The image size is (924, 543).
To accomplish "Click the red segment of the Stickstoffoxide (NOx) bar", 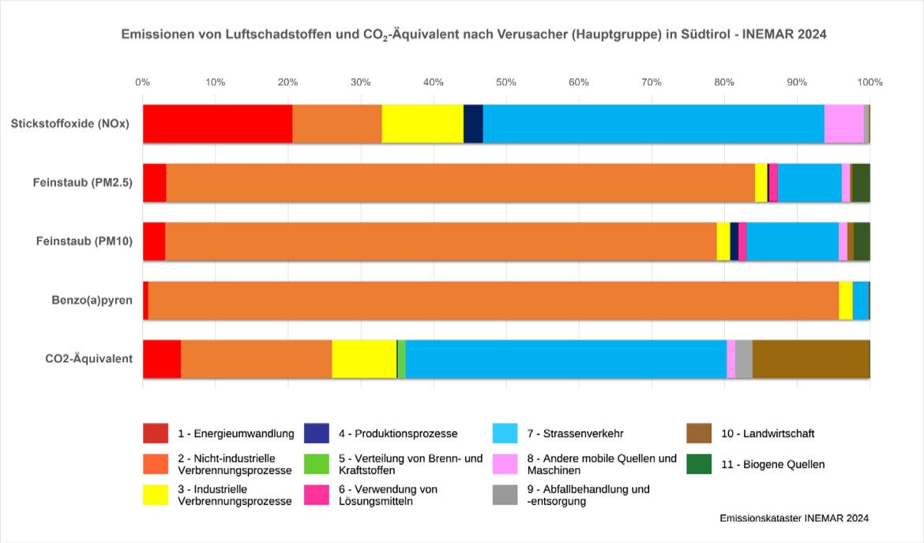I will point(217,124).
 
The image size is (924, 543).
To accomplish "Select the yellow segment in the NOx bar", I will point(423,124).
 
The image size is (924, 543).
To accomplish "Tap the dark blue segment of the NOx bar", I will point(473,124).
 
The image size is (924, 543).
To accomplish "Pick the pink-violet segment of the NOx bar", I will point(843,124).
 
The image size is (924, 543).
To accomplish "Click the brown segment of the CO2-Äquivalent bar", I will point(810,359).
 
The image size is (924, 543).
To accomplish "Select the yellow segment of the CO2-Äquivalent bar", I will point(364,359).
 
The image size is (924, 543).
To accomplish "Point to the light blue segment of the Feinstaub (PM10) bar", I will point(792,242).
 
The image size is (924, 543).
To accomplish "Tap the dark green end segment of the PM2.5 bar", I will point(861,183).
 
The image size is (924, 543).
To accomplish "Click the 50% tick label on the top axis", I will point(506,82).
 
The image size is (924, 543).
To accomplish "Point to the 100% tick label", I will point(870,82).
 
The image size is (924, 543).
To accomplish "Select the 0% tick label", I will point(142,82).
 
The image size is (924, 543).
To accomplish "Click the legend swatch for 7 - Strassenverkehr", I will point(505,433).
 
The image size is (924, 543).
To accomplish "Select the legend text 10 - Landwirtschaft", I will point(768,433).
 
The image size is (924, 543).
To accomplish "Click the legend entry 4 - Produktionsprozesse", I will point(398,433).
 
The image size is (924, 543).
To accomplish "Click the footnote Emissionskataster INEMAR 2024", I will point(794,519).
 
